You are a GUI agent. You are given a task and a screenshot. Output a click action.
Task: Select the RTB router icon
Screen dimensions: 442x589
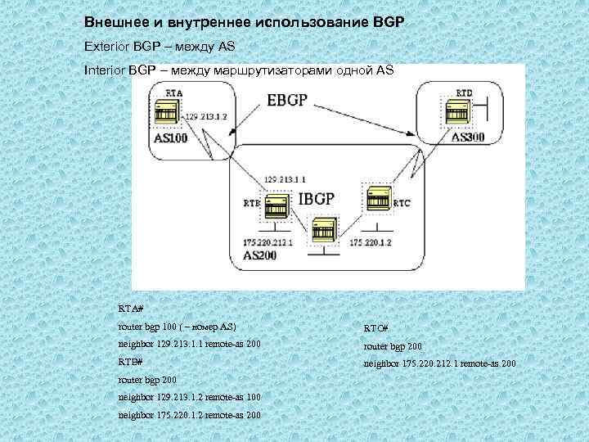(276, 209)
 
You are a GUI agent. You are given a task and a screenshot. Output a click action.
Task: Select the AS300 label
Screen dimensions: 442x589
(467, 137)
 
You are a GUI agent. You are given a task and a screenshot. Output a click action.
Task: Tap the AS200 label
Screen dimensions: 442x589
(259, 255)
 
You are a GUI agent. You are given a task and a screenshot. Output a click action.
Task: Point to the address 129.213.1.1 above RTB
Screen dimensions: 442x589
(285, 178)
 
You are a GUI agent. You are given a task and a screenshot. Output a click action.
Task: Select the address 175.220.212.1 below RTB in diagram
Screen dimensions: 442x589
(268, 243)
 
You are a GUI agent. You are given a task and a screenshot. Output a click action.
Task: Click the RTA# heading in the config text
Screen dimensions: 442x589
(131, 309)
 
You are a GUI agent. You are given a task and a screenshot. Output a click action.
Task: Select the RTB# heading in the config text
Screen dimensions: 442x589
(131, 361)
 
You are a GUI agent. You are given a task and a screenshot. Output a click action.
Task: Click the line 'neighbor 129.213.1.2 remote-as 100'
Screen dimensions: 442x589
(190, 397)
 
